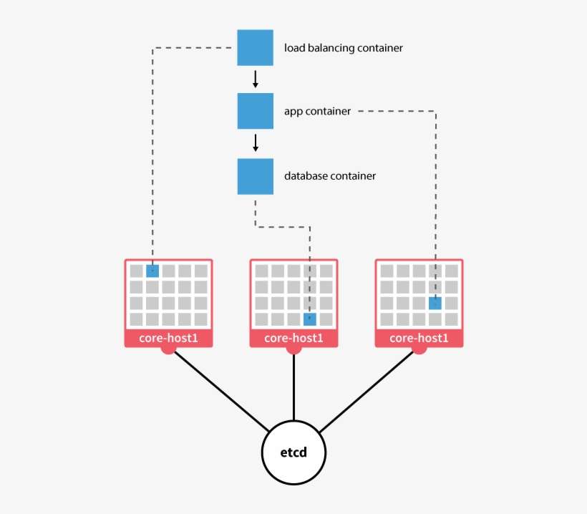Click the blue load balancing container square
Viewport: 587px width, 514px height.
[x=255, y=47]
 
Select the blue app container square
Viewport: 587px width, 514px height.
[x=255, y=111]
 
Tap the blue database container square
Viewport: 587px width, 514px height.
[x=255, y=176]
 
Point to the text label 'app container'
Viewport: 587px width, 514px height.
[x=317, y=112]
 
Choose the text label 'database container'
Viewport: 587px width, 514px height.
[x=330, y=176]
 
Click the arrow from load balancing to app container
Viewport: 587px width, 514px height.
[x=255, y=79]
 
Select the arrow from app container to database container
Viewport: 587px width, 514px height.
[x=255, y=143]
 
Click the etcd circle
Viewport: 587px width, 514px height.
[x=293, y=453]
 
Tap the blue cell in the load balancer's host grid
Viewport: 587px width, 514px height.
[x=152, y=271]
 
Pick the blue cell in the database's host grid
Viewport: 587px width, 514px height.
[x=310, y=319]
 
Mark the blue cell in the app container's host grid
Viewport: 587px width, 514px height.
[x=435, y=303]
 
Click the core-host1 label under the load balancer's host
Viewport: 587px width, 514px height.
[x=168, y=338]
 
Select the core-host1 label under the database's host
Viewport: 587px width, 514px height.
[x=293, y=338]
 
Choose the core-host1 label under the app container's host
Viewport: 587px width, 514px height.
[x=419, y=338]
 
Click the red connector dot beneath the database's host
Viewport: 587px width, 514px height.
[x=293, y=349]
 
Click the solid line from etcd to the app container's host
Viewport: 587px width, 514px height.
[x=369, y=391]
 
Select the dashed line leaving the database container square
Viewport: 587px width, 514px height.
[x=256, y=212]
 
